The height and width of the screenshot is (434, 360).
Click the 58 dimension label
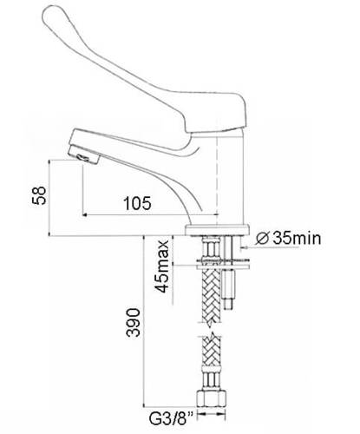(x=39, y=195)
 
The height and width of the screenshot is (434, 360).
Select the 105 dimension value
(x=137, y=203)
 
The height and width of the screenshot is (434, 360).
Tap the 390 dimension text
(x=134, y=323)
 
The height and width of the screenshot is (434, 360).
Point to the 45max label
(x=161, y=266)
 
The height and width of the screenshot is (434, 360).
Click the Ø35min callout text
(x=289, y=238)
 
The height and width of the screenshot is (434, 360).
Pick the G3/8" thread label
(x=171, y=418)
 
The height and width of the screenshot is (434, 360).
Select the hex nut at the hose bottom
(x=212, y=399)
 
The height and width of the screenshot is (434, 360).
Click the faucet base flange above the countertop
(x=217, y=230)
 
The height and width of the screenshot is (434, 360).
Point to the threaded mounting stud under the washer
(x=229, y=289)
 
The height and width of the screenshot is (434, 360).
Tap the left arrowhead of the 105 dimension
(x=86, y=214)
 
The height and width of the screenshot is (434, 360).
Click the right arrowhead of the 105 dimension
(x=214, y=214)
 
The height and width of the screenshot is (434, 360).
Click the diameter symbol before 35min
(x=263, y=239)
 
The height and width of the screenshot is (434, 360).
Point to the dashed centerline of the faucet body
(x=217, y=181)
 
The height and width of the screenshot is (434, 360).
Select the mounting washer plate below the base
(x=223, y=266)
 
